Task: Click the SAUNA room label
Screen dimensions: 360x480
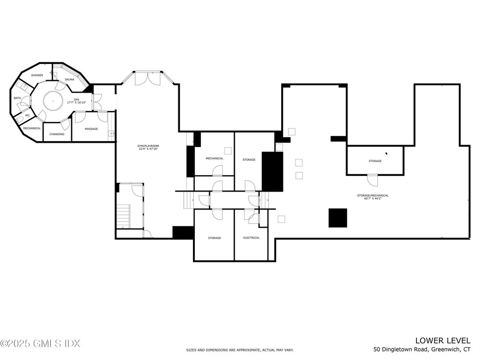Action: click(69, 79)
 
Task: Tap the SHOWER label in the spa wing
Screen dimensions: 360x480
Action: click(37, 75)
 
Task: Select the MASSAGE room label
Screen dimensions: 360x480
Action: click(91, 129)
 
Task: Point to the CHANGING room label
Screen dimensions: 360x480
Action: click(57, 134)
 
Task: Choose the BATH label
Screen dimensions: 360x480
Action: click(17, 98)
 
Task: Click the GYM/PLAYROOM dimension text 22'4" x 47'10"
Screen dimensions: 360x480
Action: click(148, 149)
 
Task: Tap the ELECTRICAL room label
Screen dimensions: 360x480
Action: click(251, 238)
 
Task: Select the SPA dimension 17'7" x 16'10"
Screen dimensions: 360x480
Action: click(77, 102)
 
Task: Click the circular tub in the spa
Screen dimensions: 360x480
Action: click(53, 101)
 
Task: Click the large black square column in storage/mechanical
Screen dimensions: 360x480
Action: click(338, 218)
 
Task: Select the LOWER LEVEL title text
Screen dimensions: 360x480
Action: click(443, 341)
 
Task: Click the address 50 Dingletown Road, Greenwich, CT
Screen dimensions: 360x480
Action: click(422, 349)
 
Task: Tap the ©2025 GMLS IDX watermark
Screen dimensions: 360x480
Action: click(40, 344)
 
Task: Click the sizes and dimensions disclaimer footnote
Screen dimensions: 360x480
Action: click(240, 350)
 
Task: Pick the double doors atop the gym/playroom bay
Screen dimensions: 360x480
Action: click(148, 79)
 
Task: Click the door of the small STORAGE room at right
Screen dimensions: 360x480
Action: click(373, 180)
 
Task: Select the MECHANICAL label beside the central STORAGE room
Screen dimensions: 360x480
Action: click(214, 158)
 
